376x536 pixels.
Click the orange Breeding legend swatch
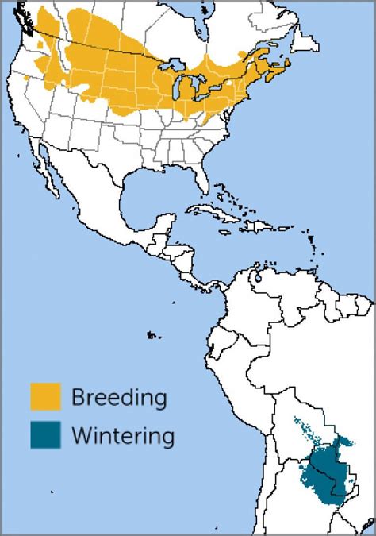pos(45,397)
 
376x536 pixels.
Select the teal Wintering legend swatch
pos(45,435)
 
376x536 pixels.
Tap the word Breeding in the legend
pos(118,397)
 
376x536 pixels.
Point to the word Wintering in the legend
pos(122,435)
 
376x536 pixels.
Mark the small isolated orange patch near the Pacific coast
pos(29,78)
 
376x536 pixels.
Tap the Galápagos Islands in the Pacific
pos(151,336)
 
